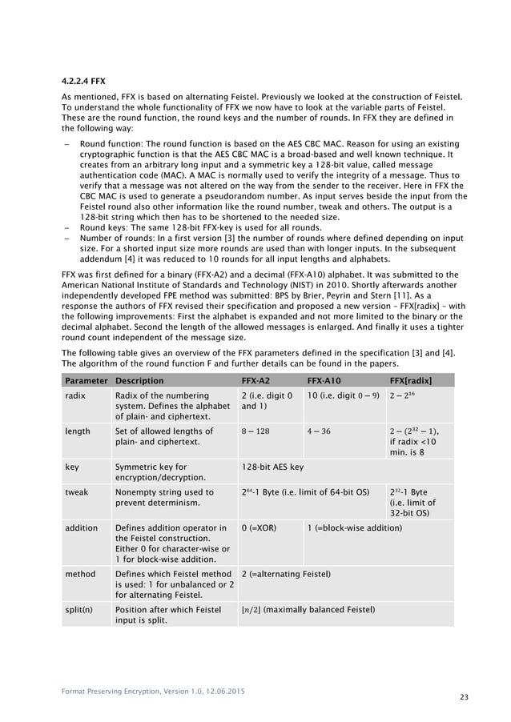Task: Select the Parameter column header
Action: point(87,380)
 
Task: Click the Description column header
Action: point(139,380)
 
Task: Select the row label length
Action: point(78,431)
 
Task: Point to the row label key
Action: point(74,466)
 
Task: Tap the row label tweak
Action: point(78,492)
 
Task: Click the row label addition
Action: point(82,528)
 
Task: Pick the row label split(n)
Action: point(80,610)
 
